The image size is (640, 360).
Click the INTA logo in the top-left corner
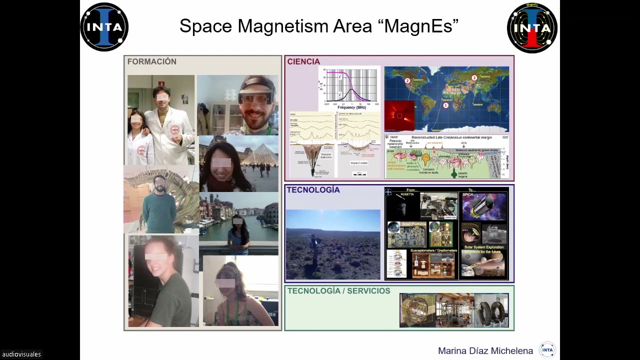click(x=104, y=27)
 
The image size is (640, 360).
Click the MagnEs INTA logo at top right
click(x=532, y=28)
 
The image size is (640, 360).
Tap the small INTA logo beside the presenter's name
click(x=547, y=350)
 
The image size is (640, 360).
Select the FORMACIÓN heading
click(x=151, y=61)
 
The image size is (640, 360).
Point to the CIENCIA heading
click(x=303, y=61)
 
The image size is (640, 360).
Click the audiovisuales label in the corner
click(x=21, y=354)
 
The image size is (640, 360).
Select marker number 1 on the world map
click(x=445, y=105)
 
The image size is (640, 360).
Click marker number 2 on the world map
click(x=407, y=80)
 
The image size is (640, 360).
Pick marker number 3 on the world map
click(x=474, y=77)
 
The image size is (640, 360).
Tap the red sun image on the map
click(x=399, y=115)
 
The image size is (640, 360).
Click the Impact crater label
click(x=359, y=163)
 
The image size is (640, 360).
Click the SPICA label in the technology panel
click(x=467, y=194)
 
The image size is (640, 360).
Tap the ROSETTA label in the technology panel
click(x=407, y=194)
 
